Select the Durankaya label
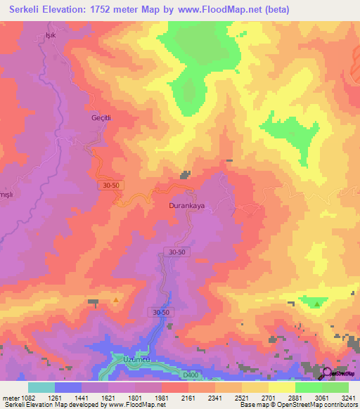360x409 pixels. [x=186, y=207]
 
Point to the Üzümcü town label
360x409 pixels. [x=137, y=358]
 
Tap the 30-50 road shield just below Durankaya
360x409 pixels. [x=177, y=252]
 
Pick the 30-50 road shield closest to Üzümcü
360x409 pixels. [x=160, y=311]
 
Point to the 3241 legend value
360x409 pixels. [x=348, y=396]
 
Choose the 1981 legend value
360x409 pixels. [x=162, y=396]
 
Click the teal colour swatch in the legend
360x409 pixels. [x=41, y=387]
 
